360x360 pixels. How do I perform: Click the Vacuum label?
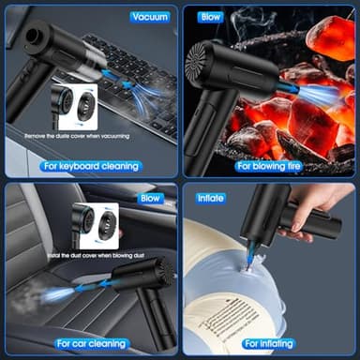[x=149, y=17]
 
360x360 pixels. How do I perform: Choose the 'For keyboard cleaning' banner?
[x=90, y=166]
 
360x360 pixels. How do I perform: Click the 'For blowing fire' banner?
[x=269, y=166]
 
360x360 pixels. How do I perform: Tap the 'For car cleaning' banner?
[x=90, y=344]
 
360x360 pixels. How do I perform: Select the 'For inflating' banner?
[x=269, y=344]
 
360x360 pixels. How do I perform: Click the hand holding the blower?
[x=323, y=208]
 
